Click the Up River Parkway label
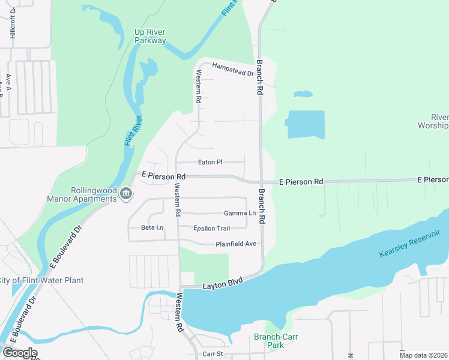coord(149,36)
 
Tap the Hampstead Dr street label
coord(233,69)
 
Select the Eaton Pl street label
coord(210,162)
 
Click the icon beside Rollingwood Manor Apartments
coord(127,193)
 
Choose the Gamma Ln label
coord(240,213)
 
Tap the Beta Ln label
coord(152,228)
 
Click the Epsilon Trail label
coord(212,228)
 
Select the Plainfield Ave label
coord(236,244)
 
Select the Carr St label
coord(212,354)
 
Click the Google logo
coord(20,353)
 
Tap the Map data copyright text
coord(424,355)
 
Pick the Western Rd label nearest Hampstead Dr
coord(197,87)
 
